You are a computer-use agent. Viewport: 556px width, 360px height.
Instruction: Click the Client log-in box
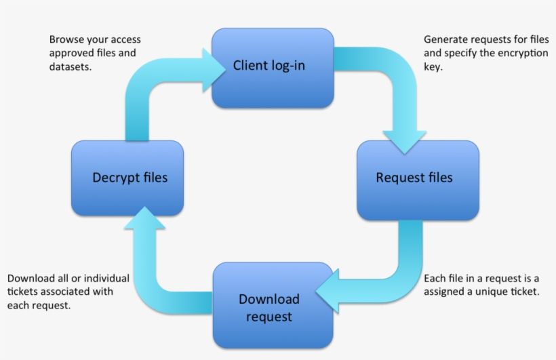click(x=273, y=68)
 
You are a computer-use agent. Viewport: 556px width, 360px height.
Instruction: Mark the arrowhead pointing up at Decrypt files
click(x=144, y=219)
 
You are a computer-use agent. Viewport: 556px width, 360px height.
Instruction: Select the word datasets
click(x=70, y=66)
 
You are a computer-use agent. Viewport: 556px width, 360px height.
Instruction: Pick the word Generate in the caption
click(x=445, y=39)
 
